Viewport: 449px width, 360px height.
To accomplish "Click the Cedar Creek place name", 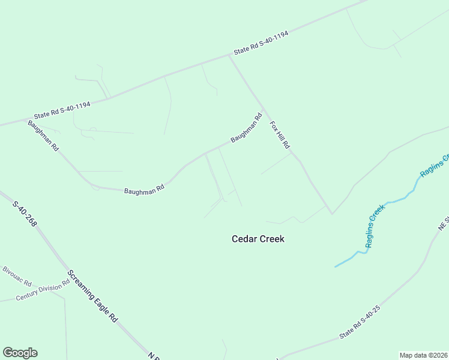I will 258,239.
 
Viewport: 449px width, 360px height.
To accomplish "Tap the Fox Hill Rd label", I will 280,135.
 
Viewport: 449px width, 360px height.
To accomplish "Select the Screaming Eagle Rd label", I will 92,297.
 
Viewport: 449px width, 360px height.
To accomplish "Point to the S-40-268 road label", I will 25,213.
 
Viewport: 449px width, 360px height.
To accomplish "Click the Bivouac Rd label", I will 16,274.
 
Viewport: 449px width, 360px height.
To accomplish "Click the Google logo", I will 20,353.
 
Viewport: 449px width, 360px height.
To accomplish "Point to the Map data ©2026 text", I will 424,355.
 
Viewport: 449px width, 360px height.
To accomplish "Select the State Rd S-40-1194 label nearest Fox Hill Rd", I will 261,43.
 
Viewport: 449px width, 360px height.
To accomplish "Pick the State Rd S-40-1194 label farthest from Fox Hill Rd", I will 62,110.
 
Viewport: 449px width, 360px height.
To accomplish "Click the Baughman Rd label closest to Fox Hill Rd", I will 247,128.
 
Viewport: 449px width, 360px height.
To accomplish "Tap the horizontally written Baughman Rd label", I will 144,190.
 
